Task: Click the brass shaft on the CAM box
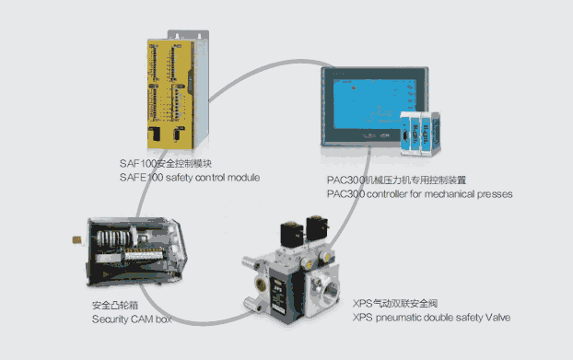[x=76, y=240]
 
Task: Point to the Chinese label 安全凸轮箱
[x=115, y=305]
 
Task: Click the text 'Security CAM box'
[x=132, y=319]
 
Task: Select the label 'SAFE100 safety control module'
[x=190, y=178]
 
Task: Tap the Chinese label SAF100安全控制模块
[x=166, y=163]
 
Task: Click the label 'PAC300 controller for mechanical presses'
[x=419, y=194]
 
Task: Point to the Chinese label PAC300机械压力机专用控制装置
[x=396, y=180]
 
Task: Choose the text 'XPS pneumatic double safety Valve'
[x=431, y=318]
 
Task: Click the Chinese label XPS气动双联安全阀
[x=395, y=304]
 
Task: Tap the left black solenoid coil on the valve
[x=292, y=234]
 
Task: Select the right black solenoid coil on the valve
[x=317, y=228]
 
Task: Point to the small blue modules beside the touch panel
[x=419, y=134]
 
